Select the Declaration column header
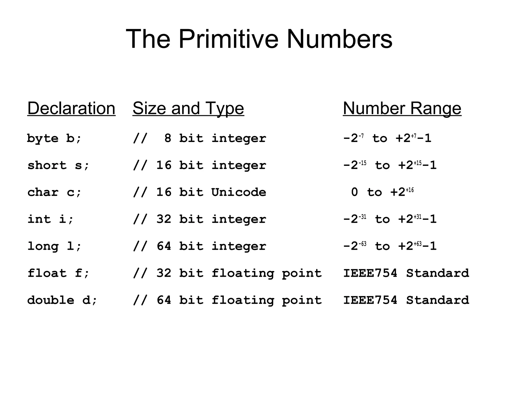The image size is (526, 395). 71,108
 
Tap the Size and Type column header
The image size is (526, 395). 188,108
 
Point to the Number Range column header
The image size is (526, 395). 402,108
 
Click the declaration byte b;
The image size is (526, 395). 54,138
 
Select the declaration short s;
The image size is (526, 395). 58,165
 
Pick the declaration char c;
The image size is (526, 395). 54,192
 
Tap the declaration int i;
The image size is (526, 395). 50,219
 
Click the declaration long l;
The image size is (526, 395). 54,246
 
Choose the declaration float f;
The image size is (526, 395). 58,273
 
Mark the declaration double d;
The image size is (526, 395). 62,300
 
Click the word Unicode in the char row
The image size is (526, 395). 239,192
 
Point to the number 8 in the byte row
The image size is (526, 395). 168,138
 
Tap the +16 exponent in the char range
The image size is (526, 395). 410,190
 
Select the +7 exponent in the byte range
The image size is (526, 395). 414,136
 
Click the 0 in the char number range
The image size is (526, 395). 354,192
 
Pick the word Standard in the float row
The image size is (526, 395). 437,273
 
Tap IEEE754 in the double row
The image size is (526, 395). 370,300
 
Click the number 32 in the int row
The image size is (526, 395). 164,219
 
